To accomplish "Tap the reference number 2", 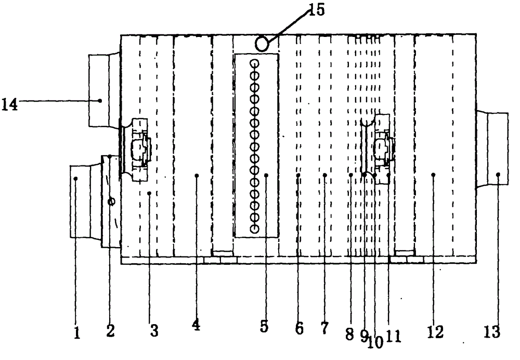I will click(x=110, y=330).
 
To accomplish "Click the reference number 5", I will click(x=264, y=327).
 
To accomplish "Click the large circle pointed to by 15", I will click(x=263, y=44).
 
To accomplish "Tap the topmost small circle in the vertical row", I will click(x=254, y=63).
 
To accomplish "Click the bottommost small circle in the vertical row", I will click(x=254, y=229).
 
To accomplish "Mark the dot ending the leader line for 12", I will click(x=433, y=175).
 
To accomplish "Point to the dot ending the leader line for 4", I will click(x=197, y=176).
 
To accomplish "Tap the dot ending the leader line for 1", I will click(x=76, y=178).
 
